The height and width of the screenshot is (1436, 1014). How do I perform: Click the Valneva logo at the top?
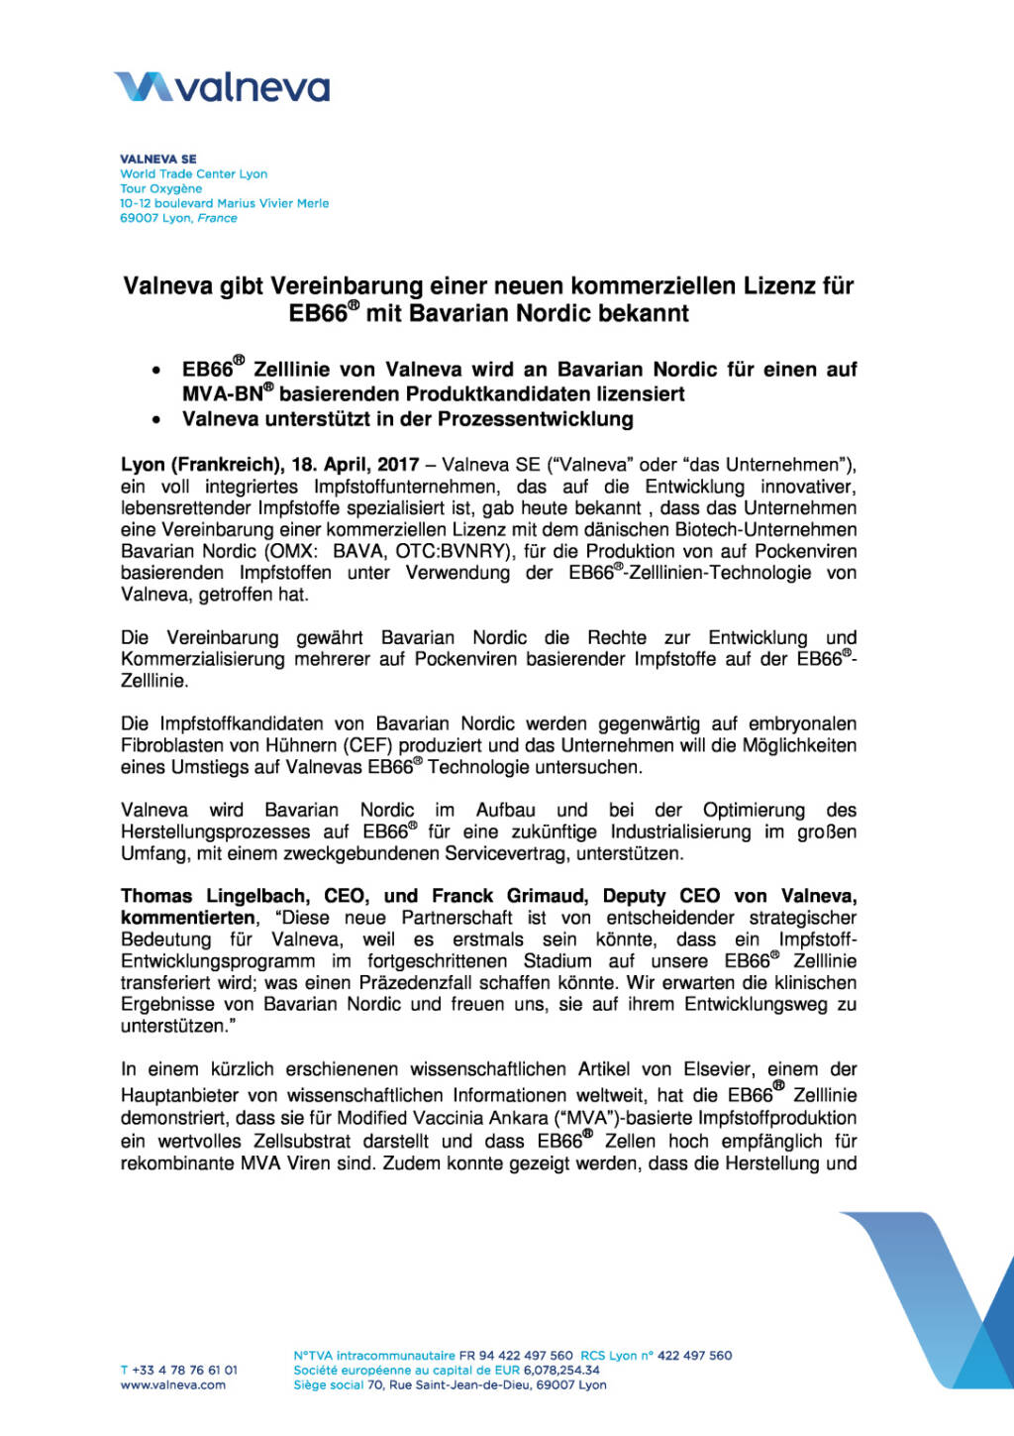tap(222, 87)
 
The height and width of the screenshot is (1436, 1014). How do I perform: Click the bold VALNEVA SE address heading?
tap(158, 159)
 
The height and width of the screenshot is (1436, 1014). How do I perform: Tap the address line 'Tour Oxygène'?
tap(160, 188)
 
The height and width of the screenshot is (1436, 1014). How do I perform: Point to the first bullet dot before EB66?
tap(156, 371)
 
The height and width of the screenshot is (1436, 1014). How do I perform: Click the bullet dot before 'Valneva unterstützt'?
tap(156, 420)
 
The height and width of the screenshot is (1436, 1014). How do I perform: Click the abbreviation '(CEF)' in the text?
tap(371, 745)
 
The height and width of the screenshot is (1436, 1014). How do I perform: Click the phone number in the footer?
tap(179, 1370)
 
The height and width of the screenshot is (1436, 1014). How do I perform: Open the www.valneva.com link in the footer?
tap(173, 1384)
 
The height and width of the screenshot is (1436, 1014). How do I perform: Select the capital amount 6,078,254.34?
tap(561, 1370)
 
